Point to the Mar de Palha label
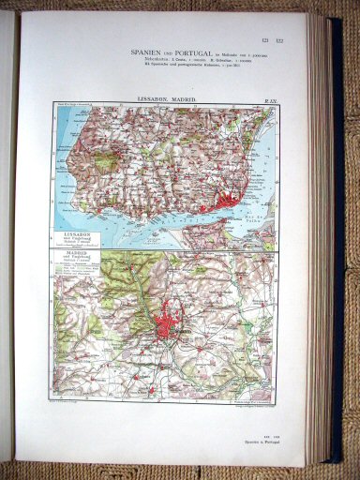point(259,218)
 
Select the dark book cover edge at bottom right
point(334,450)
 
